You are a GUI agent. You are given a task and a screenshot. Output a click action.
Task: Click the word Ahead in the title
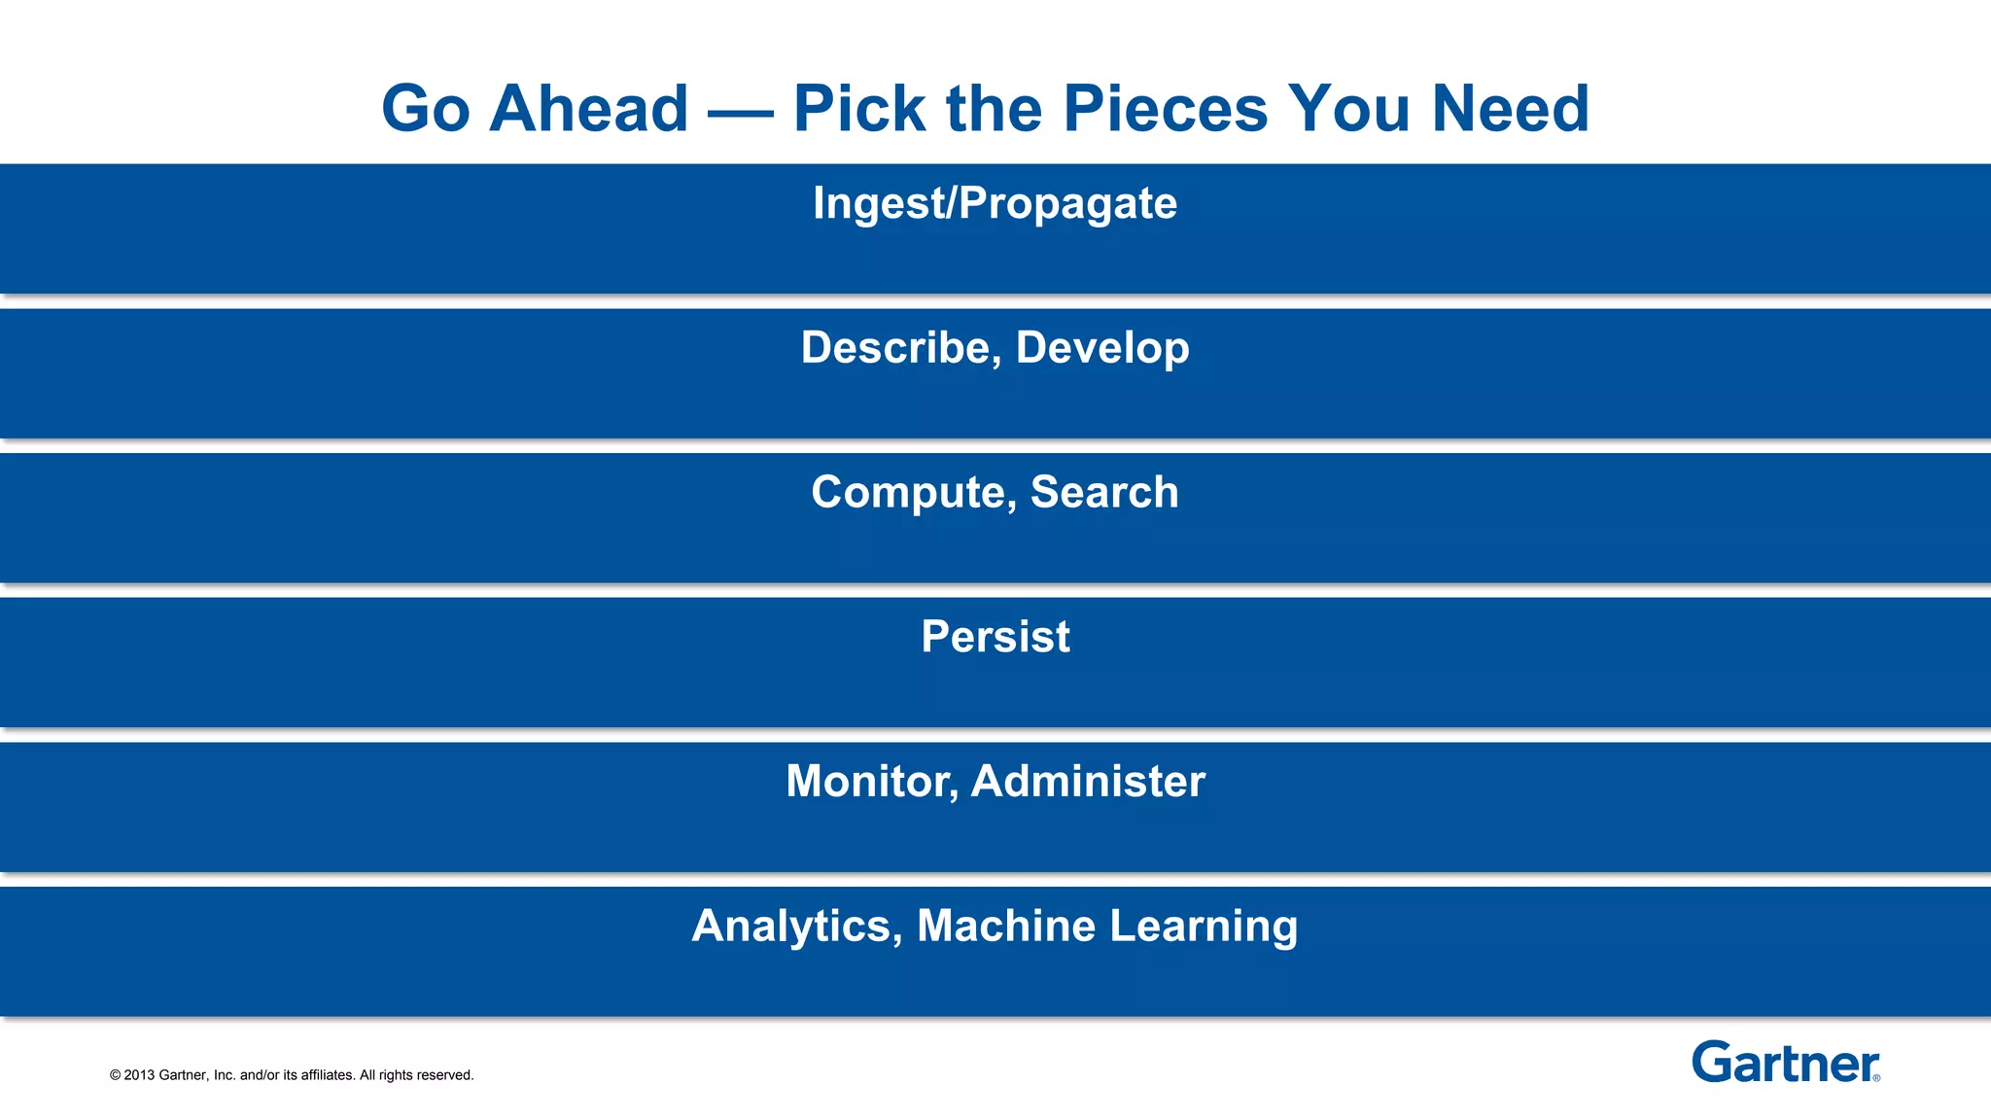[x=588, y=108]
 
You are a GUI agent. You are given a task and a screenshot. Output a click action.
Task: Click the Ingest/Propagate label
[x=995, y=203]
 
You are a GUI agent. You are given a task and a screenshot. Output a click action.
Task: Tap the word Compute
[x=914, y=493]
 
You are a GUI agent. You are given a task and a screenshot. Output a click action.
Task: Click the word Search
[x=1104, y=492]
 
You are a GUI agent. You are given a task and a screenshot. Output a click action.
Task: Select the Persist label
[x=995, y=637]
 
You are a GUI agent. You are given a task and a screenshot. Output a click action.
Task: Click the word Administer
[x=1088, y=782]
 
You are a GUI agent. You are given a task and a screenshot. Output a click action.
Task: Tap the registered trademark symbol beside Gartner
[x=1876, y=1077]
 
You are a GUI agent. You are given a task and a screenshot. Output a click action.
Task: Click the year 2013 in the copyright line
[x=139, y=1075]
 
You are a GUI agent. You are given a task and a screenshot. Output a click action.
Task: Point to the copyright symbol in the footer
[x=115, y=1075]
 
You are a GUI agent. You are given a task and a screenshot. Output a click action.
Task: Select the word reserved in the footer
[x=444, y=1075]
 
